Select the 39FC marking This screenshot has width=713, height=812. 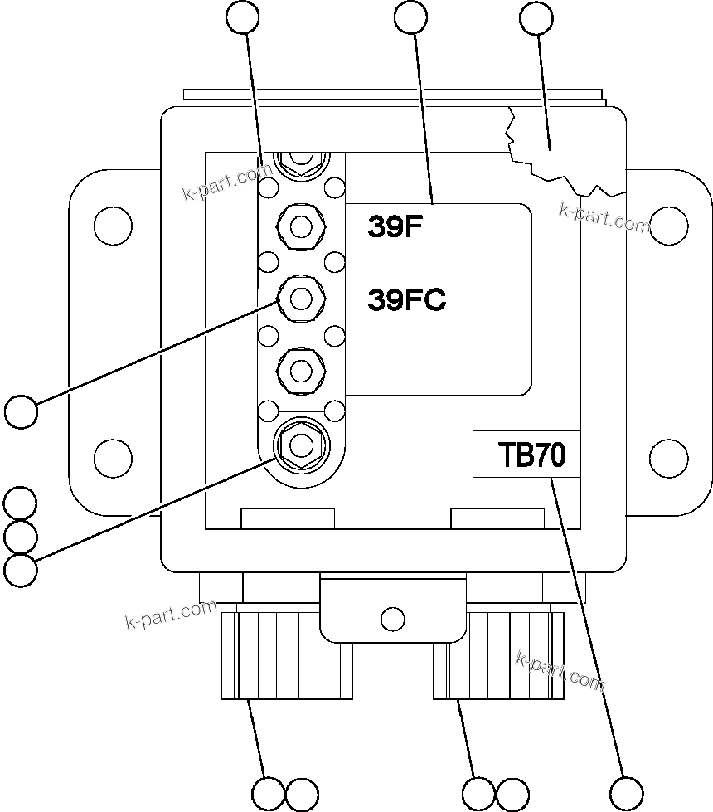click(x=406, y=300)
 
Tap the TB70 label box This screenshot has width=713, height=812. click(x=526, y=455)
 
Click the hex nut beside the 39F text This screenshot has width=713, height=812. click(x=302, y=226)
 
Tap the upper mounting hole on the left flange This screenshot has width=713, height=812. click(x=113, y=224)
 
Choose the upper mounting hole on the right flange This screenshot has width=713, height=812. click(x=668, y=224)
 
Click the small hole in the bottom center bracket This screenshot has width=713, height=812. click(x=392, y=618)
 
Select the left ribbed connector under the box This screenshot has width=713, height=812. click(x=287, y=655)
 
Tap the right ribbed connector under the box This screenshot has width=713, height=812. click(x=497, y=655)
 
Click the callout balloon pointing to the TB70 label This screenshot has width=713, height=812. click(x=626, y=792)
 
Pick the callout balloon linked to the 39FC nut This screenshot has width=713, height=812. click(x=21, y=411)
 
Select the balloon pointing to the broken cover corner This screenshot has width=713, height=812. click(x=535, y=17)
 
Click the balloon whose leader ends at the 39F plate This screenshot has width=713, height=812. click(x=412, y=17)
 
